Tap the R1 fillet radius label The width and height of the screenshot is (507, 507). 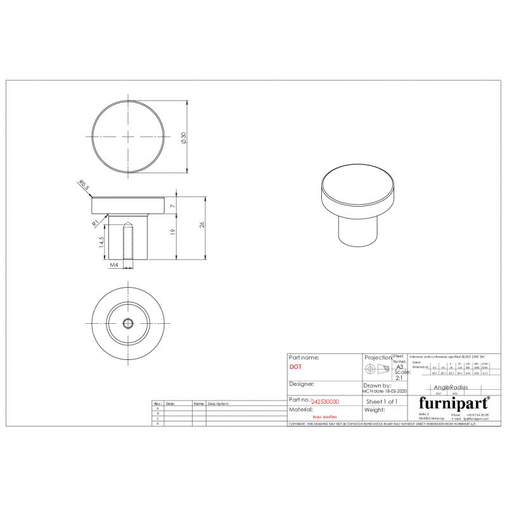coord(94,222)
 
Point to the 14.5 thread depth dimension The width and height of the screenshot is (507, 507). coord(101,243)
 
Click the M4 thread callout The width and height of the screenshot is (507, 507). coord(114,266)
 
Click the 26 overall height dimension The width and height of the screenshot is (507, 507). coord(202,224)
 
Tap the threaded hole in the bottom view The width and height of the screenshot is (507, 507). coord(127,323)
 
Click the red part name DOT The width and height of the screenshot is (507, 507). coord(295,367)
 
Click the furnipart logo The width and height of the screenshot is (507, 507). coord(453,402)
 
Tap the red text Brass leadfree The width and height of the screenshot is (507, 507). coord(325,417)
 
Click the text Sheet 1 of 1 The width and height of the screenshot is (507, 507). coord(382,402)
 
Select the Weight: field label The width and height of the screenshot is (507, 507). coord(375,410)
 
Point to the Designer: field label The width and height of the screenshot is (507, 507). coord(302,384)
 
